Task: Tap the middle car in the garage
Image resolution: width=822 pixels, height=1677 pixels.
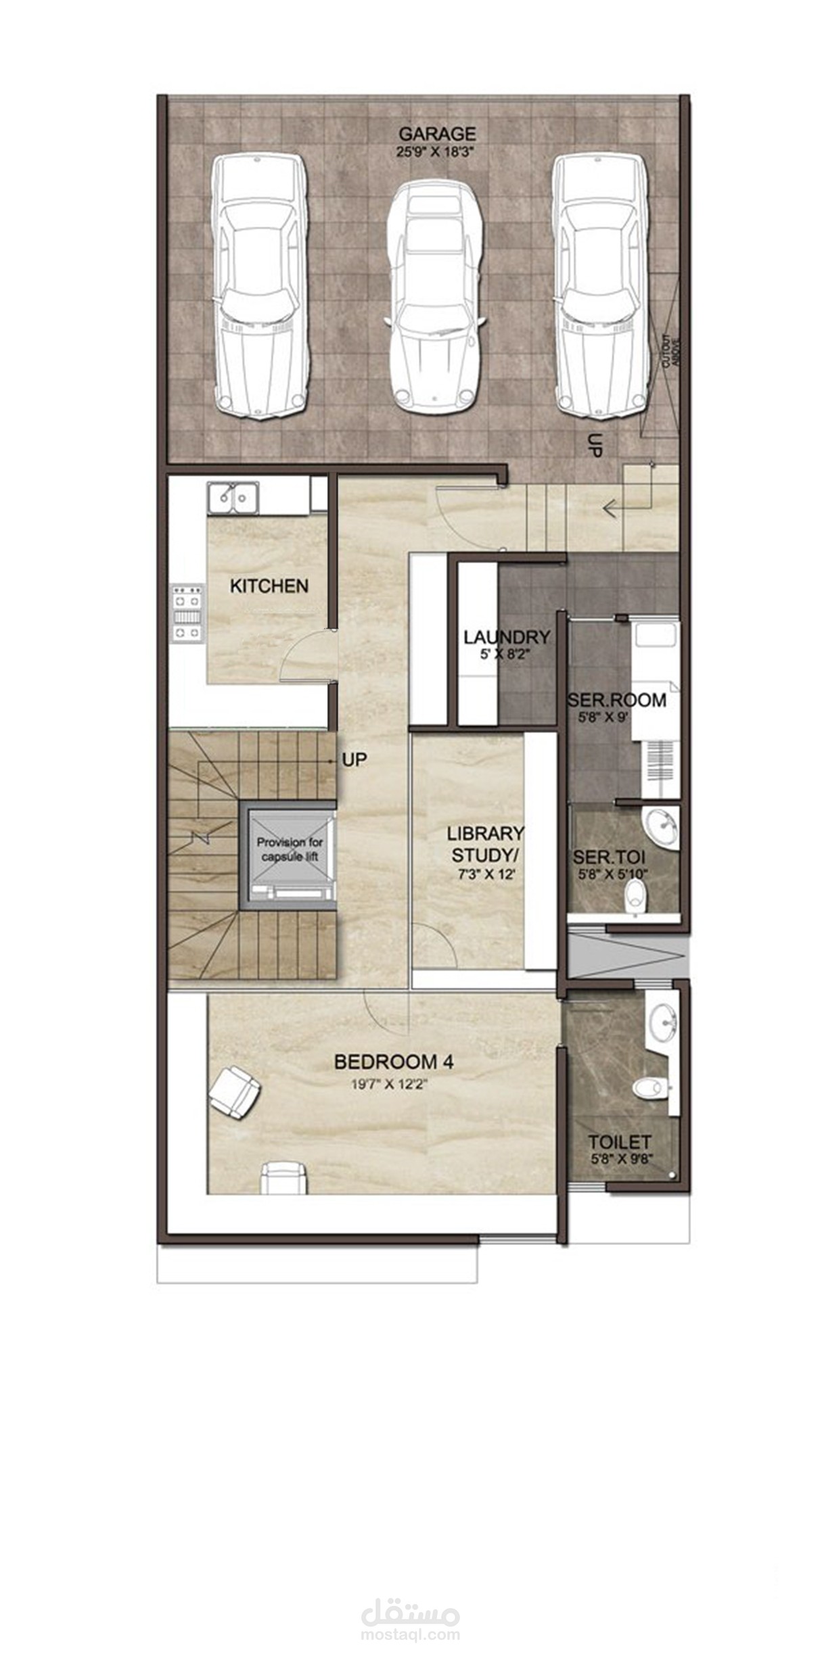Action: (434, 297)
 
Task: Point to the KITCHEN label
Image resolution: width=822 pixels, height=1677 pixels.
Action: (269, 586)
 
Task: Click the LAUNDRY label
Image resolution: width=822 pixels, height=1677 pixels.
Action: (506, 636)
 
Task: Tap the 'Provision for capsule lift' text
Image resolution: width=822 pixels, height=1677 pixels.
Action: (290, 849)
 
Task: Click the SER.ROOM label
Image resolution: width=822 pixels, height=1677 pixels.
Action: (616, 699)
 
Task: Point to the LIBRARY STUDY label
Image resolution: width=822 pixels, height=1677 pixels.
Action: (485, 843)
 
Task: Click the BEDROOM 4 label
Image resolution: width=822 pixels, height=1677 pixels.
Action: (394, 1062)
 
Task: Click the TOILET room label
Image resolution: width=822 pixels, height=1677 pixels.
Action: (619, 1142)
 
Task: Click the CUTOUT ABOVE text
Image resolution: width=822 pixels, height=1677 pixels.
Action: (671, 352)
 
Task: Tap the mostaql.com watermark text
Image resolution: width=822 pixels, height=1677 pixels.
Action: (411, 1635)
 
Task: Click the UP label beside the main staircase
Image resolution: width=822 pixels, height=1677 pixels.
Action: (355, 759)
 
